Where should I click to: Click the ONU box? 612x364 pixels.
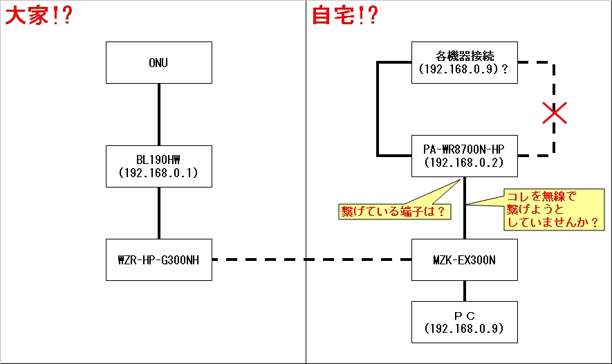(158, 62)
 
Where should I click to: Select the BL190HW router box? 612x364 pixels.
(158, 166)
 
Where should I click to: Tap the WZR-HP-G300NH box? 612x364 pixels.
(158, 260)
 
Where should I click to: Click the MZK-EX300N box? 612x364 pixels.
(464, 260)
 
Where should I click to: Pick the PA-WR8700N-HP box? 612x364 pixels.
(464, 156)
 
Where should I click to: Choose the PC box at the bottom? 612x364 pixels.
(464, 322)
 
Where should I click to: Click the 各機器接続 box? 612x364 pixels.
(464, 62)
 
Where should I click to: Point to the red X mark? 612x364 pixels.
(555, 112)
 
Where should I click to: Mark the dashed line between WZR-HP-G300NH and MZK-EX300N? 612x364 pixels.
(311, 260)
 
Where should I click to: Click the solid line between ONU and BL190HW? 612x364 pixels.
(159, 114)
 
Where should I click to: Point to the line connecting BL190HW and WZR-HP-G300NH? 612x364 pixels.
(159, 212)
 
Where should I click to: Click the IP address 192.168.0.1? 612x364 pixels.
(158, 173)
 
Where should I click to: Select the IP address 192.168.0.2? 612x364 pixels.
(464, 163)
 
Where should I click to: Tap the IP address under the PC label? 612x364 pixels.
(464, 328)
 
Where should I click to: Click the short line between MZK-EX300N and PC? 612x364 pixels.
(464, 291)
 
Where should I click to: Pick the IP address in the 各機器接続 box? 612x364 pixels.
(459, 70)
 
